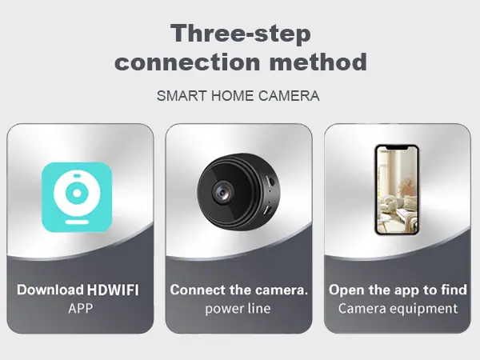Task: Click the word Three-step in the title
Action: pos(241,33)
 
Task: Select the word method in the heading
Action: pos(318,62)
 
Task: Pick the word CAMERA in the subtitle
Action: pos(289,96)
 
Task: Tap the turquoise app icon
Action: pos(77,197)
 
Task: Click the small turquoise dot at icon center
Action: pos(77,193)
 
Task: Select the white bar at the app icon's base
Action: pos(77,222)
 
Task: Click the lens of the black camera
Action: pos(222,192)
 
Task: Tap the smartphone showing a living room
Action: pos(397,190)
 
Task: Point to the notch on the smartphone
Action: pos(397,148)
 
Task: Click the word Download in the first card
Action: pos(50,290)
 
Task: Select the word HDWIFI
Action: pos(113,290)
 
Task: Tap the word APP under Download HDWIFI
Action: pos(80,309)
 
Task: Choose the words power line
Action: pos(238,309)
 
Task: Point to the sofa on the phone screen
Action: pos(398,211)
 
